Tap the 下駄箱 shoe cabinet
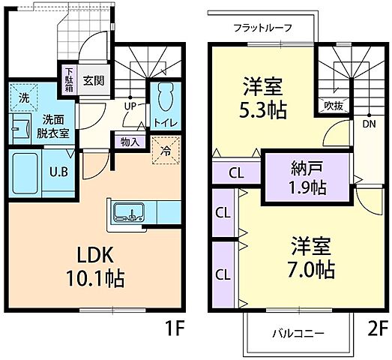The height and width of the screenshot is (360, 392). tap(68, 80)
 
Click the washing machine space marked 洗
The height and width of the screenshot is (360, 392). tap(24, 97)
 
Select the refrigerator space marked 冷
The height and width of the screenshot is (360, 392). tap(166, 148)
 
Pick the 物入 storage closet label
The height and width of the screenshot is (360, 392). tap(129, 141)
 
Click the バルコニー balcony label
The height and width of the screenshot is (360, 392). tap(298, 333)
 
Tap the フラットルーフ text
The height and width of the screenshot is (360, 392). tap(262, 28)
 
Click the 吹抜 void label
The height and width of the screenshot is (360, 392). tap(334, 105)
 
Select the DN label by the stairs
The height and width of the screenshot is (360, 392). tap(369, 124)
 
